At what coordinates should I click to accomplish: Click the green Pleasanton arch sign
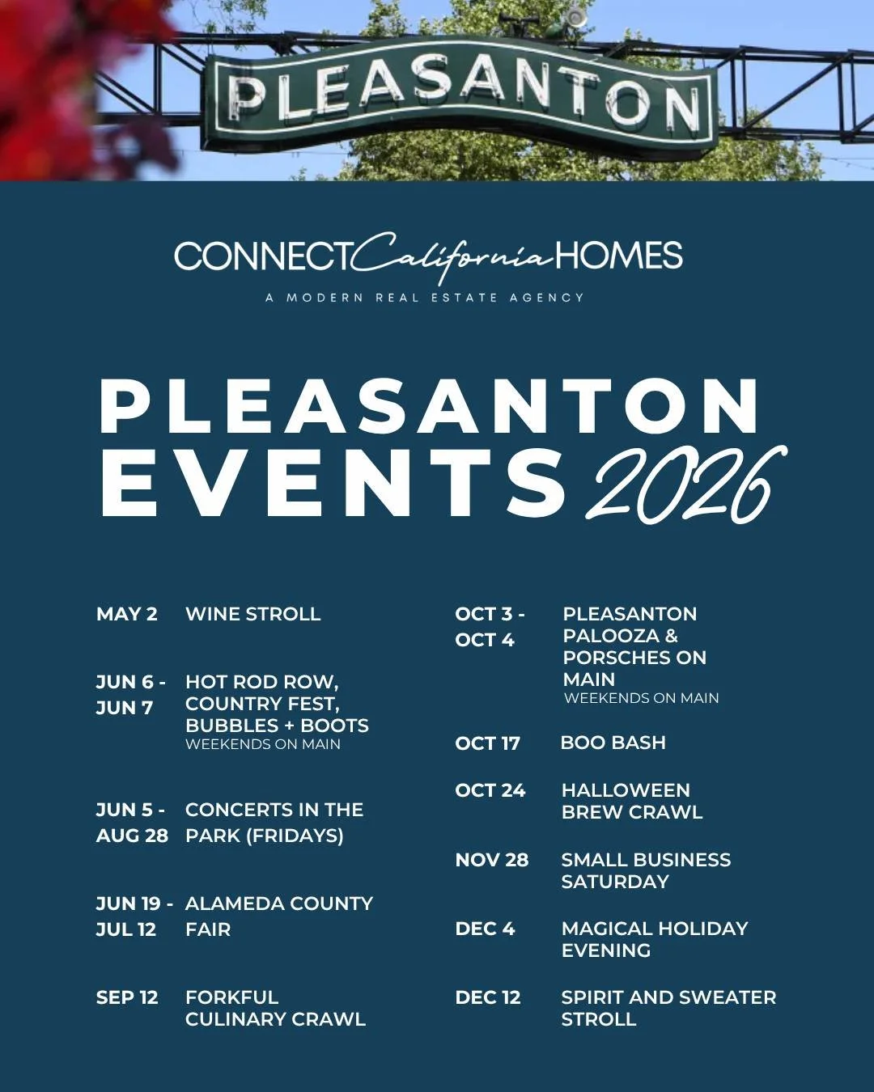[461, 93]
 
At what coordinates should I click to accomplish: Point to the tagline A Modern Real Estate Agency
[425, 298]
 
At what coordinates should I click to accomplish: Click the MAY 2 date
[127, 614]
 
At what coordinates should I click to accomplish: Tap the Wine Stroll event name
[253, 614]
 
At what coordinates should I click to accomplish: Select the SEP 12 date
[127, 997]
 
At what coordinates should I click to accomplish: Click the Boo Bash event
[613, 743]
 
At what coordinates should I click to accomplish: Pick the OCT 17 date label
[488, 743]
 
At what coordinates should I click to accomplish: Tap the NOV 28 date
[492, 860]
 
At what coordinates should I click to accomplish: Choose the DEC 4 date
[486, 929]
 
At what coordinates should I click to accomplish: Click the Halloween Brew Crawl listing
[631, 801]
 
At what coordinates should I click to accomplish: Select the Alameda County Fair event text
[278, 916]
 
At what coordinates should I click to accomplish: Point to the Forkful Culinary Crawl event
[275, 1008]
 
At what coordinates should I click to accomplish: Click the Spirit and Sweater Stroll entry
[668, 1008]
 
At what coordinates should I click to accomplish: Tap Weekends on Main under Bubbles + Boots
[263, 744]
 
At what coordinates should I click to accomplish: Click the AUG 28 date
[132, 836]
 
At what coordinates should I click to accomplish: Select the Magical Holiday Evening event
[654, 939]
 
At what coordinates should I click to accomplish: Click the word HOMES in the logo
[619, 256]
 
